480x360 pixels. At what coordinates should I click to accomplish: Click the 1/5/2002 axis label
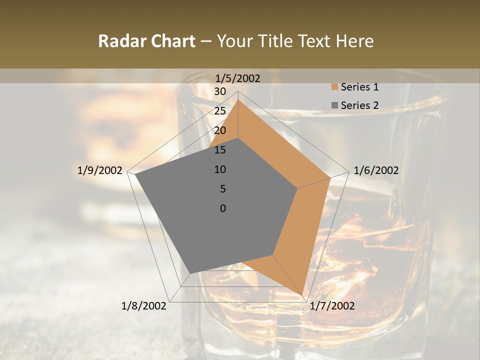point(238,78)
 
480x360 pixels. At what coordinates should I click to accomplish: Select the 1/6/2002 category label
point(376,170)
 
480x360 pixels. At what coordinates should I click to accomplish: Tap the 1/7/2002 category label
point(331,306)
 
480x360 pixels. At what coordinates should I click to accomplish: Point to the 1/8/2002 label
point(144,306)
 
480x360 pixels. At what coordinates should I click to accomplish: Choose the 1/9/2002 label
point(100,170)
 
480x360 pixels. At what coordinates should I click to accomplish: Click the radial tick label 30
point(220,91)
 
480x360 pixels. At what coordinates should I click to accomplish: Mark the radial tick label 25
point(220,111)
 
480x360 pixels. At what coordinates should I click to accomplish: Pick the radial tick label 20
point(220,130)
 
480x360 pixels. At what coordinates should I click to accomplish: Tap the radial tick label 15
point(220,150)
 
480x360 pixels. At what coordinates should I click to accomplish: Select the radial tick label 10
point(220,169)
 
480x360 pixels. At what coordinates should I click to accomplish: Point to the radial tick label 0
point(223,208)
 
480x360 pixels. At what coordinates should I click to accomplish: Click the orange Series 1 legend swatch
point(334,87)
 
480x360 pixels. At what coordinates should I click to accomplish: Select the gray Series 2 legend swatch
point(334,105)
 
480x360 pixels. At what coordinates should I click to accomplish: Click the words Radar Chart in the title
point(146,41)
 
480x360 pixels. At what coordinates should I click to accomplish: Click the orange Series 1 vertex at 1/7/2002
point(302,294)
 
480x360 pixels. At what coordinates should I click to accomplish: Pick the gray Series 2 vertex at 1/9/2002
point(135,174)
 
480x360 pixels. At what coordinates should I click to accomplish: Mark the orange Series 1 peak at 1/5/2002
point(238,100)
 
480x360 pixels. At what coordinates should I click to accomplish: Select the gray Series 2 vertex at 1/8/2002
point(190,273)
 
